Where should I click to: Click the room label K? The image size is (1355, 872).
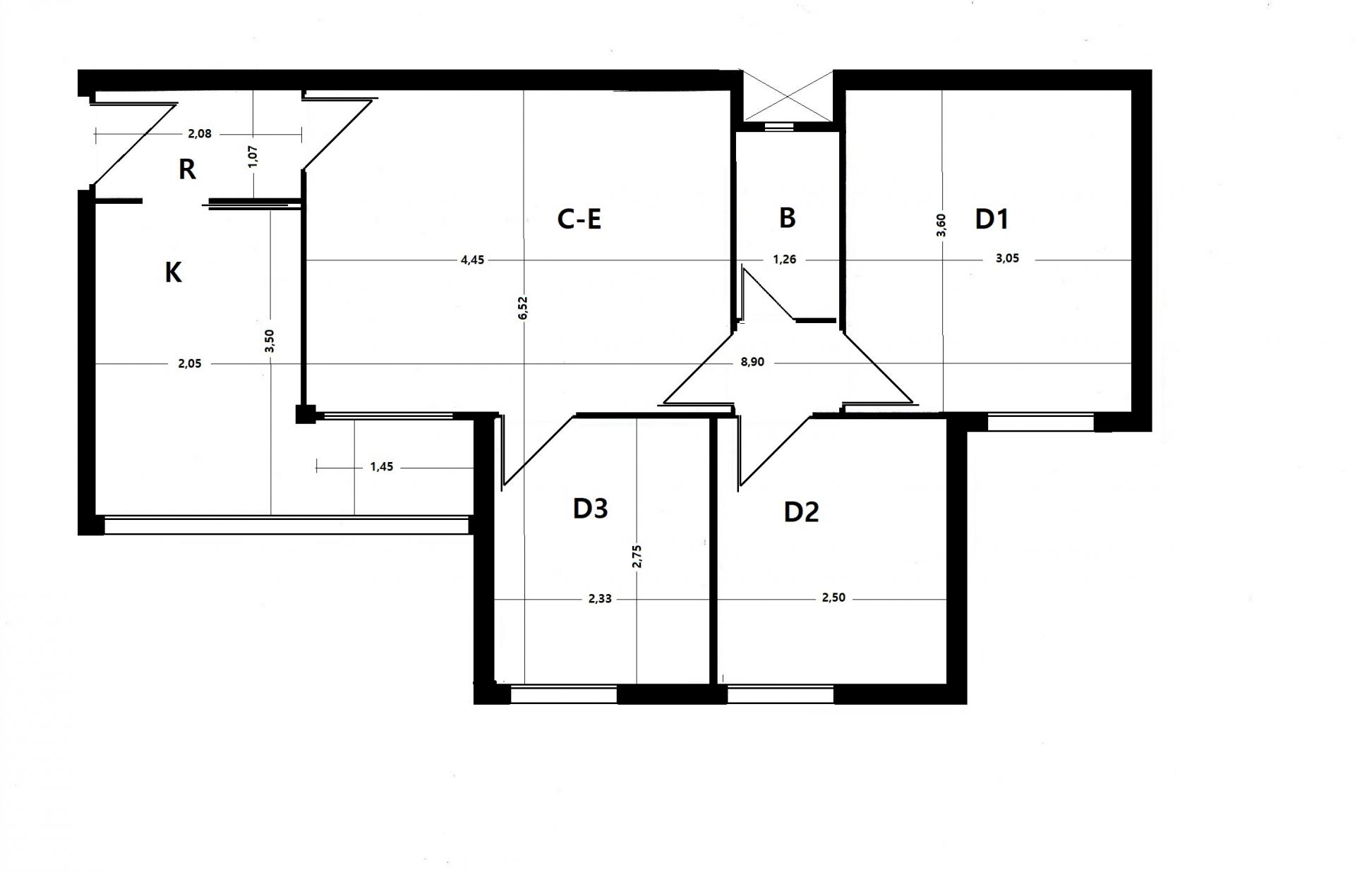coord(173,272)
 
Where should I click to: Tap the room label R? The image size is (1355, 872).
coord(187,169)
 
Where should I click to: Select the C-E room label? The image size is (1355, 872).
coord(579,219)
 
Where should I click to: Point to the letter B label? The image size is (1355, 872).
coord(788,218)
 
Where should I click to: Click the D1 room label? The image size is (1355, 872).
coord(992,219)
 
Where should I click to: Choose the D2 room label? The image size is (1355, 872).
coord(802,512)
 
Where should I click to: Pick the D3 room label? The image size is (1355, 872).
coord(590,509)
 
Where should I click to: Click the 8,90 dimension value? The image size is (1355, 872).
coord(752,363)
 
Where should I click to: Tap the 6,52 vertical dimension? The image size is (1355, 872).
coord(523,308)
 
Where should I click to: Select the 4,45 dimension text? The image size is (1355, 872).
coord(473,260)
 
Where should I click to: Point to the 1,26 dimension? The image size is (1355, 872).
coord(785,260)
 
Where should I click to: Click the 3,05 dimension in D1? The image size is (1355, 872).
coord(1007,258)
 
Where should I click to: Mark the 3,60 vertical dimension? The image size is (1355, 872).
coord(942,225)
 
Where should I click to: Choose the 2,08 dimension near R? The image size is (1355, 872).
coord(199,133)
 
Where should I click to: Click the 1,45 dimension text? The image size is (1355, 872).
coord(382,467)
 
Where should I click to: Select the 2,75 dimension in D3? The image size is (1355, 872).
coord(637,556)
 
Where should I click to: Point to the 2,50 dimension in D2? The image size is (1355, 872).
coord(833,598)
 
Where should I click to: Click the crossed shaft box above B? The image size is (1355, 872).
coord(787,96)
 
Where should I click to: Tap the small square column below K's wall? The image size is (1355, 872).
coord(306,413)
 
